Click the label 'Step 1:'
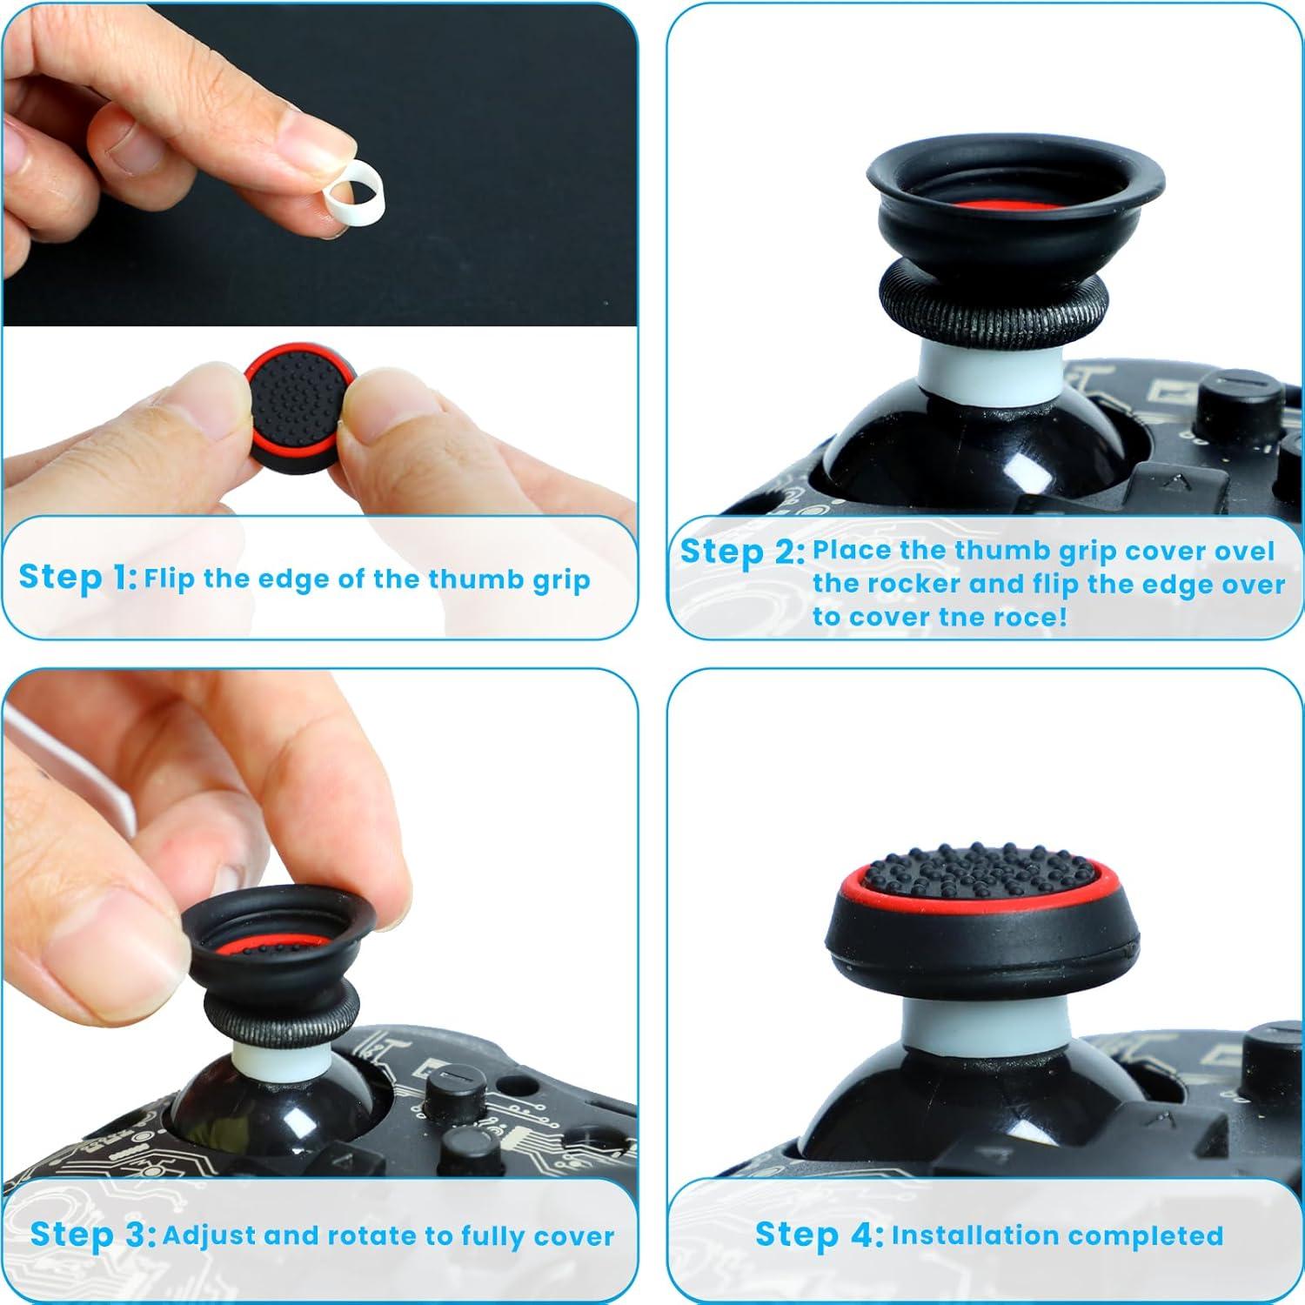tap(77, 577)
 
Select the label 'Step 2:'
tap(742, 552)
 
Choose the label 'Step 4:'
tap(819, 1235)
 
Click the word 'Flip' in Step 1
tap(170, 579)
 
